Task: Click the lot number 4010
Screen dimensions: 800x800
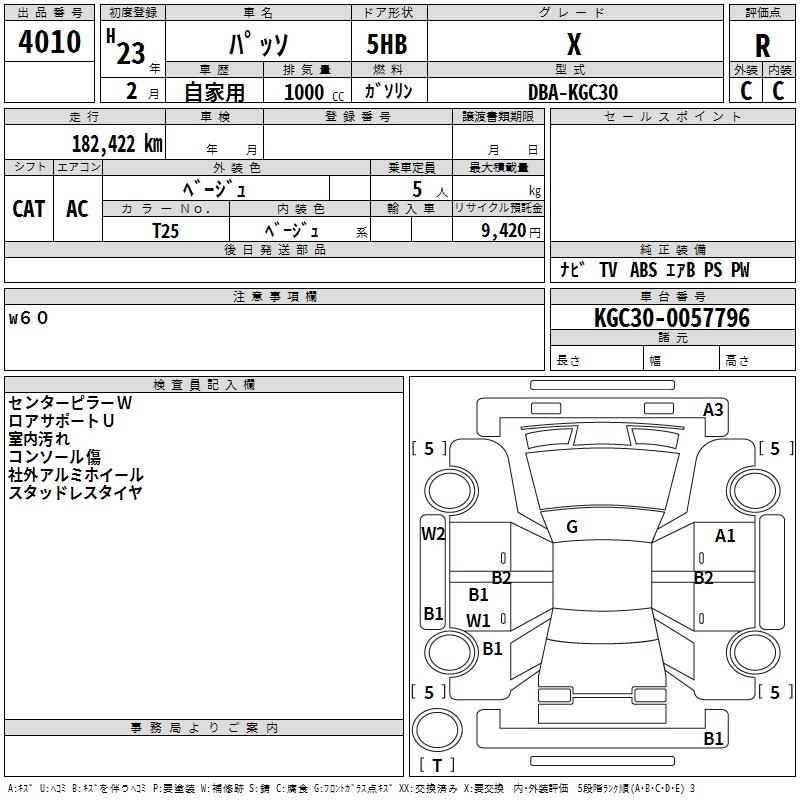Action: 50,42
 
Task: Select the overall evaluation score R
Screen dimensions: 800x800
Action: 762,46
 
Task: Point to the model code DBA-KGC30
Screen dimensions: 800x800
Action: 573,92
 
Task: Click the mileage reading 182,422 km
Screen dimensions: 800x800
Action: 117,144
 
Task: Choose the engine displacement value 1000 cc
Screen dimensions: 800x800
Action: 310,92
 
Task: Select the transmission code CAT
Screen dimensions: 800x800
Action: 28,208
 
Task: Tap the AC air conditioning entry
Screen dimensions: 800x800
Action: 77,208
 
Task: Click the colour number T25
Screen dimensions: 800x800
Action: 165,230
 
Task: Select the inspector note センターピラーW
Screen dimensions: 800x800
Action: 70,403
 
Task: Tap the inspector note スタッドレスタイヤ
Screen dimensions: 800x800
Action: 75,492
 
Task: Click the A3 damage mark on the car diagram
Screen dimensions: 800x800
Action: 713,410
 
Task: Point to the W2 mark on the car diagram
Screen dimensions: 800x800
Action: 433,534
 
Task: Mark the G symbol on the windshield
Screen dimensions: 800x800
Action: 572,527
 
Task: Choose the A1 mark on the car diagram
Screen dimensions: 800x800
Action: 725,536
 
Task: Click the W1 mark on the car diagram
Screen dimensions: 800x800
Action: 479,620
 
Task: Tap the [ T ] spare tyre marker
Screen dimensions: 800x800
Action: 437,766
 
